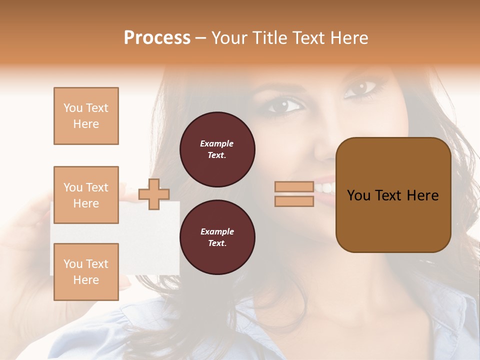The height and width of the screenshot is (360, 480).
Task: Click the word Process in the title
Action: coord(157,38)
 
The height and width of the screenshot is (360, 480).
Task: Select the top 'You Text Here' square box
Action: coord(86,116)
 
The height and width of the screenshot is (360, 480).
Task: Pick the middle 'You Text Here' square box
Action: coord(86,195)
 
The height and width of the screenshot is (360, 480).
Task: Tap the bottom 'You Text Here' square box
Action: coord(86,272)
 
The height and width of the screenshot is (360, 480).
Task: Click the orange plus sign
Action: coord(154,194)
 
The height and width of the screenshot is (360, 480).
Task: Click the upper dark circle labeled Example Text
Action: coord(217,149)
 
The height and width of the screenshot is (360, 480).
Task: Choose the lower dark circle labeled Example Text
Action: coord(217,237)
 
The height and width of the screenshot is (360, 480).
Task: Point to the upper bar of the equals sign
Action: coord(294,187)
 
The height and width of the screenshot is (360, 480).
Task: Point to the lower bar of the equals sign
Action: coord(294,201)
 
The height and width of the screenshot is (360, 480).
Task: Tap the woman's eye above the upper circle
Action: coord(284,105)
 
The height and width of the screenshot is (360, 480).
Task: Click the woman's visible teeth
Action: coord(325,187)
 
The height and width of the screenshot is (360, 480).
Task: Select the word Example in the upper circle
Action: coord(217,143)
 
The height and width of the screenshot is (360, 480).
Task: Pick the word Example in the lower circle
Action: coord(217,231)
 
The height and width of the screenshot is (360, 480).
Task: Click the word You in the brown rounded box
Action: coord(359,195)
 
